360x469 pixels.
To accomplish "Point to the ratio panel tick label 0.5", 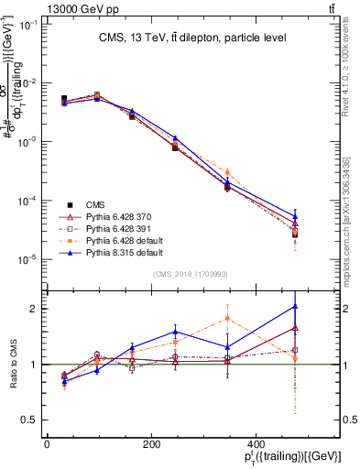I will (28, 420).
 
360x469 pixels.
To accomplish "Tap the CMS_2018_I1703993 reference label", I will (191, 274).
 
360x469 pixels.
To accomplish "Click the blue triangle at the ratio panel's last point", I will (295, 306).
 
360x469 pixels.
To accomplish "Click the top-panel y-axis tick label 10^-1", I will (28, 25).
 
